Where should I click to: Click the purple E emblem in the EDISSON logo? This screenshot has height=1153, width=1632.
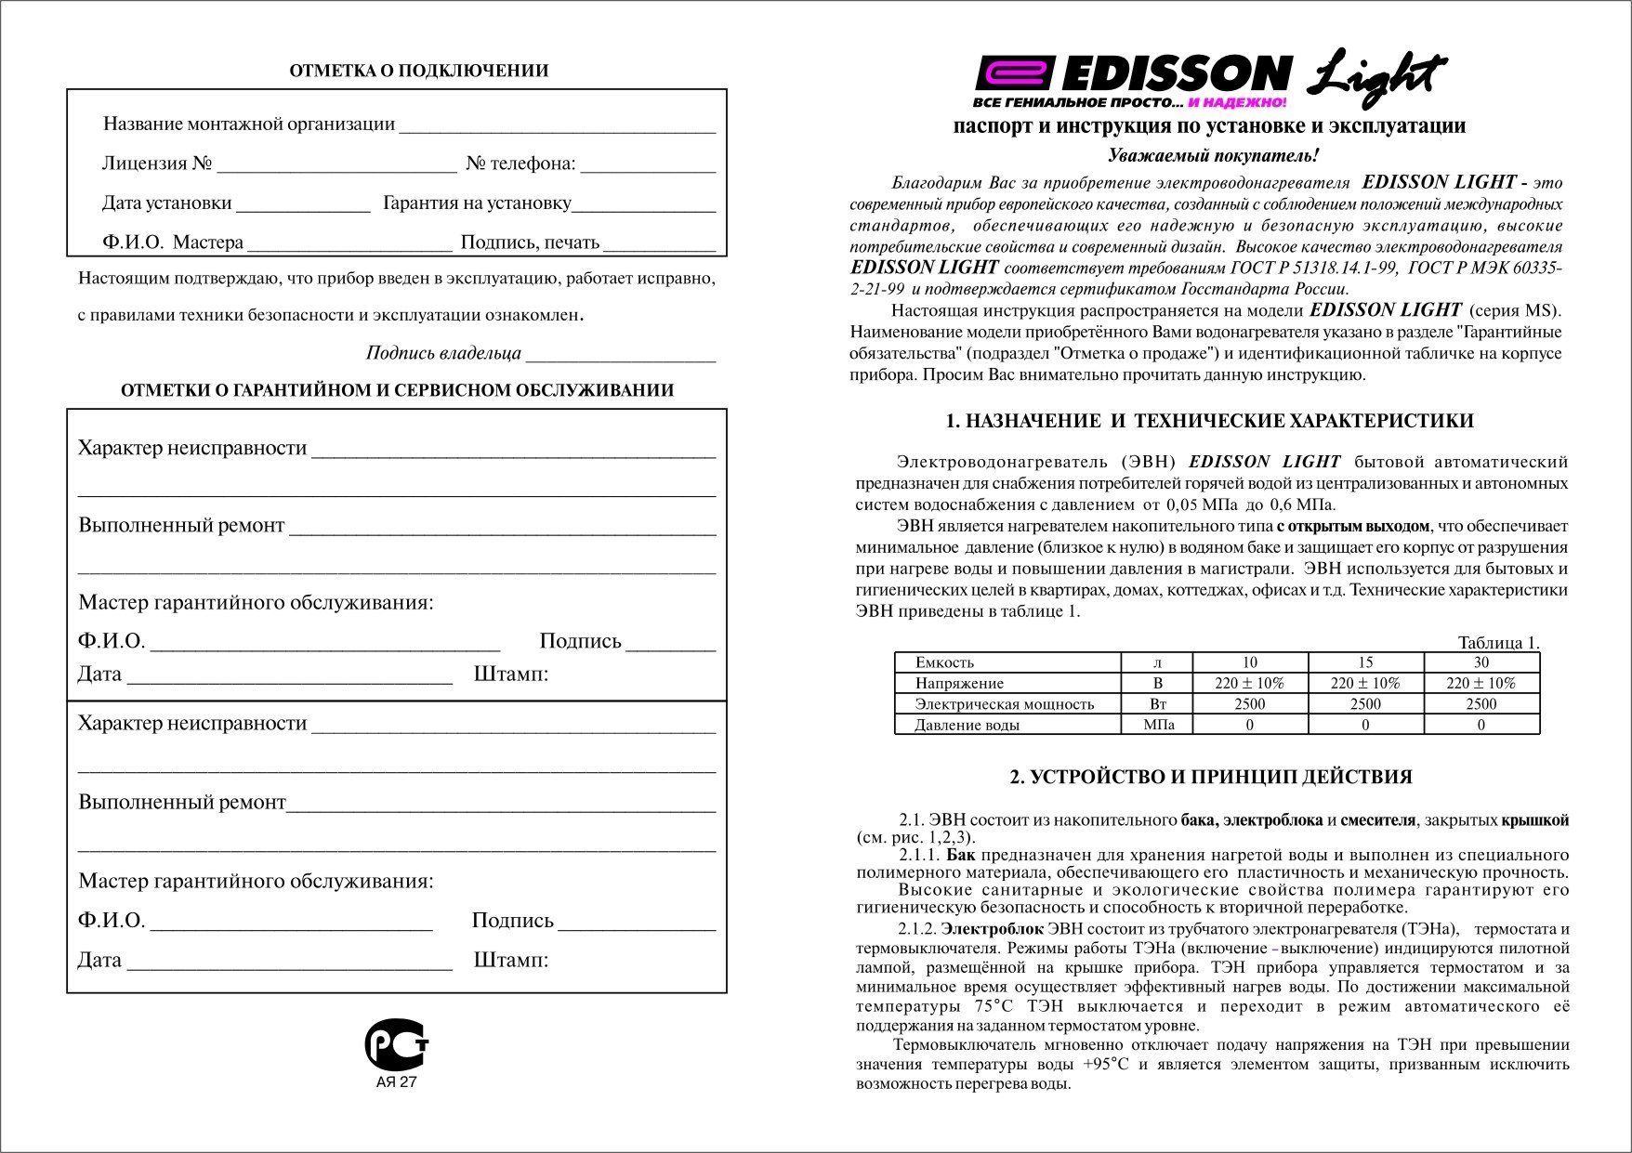tap(1016, 73)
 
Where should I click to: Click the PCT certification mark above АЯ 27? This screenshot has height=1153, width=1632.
tap(396, 1044)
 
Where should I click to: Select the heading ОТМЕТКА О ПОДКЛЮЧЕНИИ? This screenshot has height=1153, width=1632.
tap(418, 71)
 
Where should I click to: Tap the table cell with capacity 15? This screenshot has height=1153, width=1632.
tap(1364, 662)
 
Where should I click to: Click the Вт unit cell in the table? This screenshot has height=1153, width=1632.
tap(1157, 704)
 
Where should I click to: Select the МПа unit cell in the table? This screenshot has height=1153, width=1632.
tap(1157, 725)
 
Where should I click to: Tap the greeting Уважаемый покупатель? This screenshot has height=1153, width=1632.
tap(1213, 156)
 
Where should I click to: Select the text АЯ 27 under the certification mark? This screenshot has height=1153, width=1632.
tap(396, 1082)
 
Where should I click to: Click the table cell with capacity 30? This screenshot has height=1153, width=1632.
tap(1481, 662)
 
